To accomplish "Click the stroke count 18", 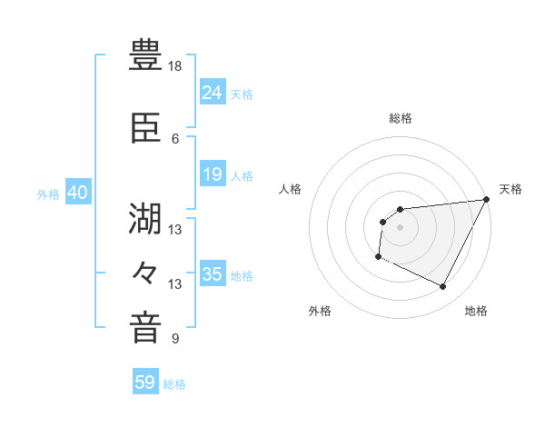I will (175, 66).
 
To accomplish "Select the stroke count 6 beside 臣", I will (175, 138).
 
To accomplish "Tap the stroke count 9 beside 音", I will (175, 339).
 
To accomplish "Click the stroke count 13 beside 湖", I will (175, 229).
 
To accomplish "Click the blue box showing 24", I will (213, 92).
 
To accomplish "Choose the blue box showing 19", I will (213, 174).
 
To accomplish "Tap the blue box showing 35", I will (213, 274).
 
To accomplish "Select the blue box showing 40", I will (78, 193).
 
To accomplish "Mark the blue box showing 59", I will (145, 382).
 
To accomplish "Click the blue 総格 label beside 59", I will (175, 384).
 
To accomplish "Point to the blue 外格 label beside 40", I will (48, 194).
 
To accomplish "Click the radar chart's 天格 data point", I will (487, 200).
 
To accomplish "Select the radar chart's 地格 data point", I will (443, 287).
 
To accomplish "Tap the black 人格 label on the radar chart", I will (291, 189).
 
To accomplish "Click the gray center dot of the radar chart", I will (400, 227).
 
